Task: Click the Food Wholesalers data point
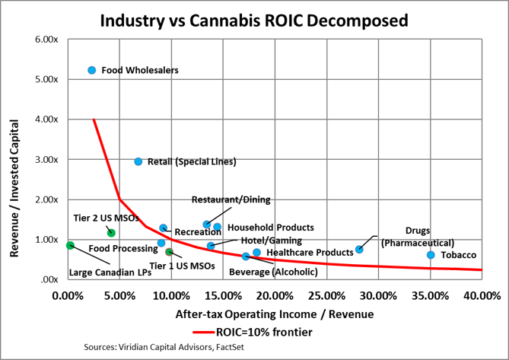(x=92, y=70)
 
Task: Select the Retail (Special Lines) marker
(x=138, y=161)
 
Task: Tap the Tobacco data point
(x=431, y=255)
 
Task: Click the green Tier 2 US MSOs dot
(x=111, y=233)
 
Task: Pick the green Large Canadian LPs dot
(x=70, y=245)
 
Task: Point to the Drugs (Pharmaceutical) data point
(x=360, y=249)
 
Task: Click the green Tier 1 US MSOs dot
(x=170, y=252)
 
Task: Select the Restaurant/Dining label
(x=231, y=200)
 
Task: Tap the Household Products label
(x=271, y=227)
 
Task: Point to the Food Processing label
(x=122, y=248)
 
